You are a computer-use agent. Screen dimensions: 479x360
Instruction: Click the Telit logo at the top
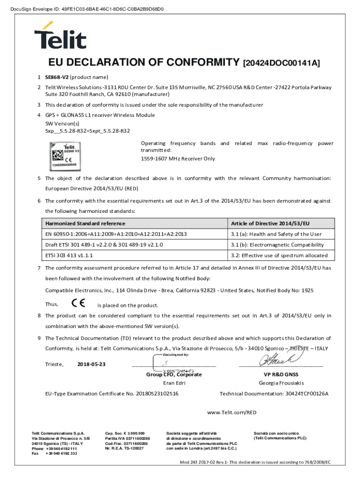[60, 35]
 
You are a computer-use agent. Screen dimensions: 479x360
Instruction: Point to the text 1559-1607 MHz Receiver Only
[178, 159]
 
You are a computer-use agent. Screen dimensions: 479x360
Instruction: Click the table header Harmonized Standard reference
[85, 223]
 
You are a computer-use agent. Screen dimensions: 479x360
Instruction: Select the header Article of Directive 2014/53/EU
[270, 223]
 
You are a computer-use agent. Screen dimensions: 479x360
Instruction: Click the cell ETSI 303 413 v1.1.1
[69, 255]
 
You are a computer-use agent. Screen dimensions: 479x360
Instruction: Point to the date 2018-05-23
[92, 364]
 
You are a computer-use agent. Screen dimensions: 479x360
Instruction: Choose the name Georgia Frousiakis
[281, 383]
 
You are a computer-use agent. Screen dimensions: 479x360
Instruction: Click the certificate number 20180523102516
[157, 393]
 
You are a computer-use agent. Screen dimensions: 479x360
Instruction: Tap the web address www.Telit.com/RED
[231, 412]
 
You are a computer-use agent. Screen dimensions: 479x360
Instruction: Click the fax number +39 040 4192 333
[61, 453]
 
